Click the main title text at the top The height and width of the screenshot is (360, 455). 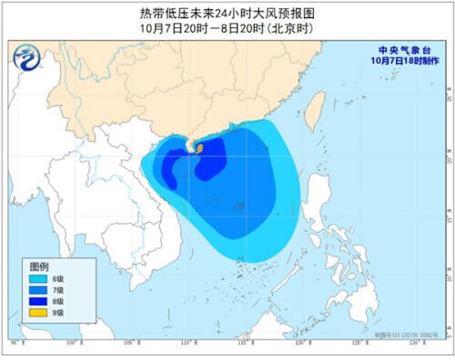click(227, 13)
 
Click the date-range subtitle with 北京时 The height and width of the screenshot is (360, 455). click(227, 27)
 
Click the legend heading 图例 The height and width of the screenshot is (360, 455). click(37, 267)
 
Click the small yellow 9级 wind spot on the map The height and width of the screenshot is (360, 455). click(189, 145)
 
